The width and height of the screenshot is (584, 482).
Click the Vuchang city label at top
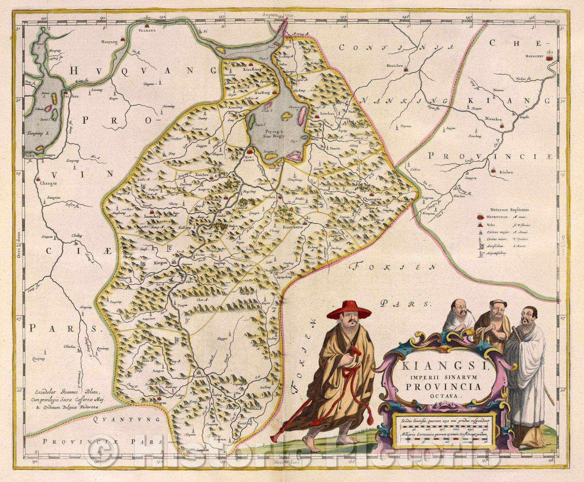point(148,31)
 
